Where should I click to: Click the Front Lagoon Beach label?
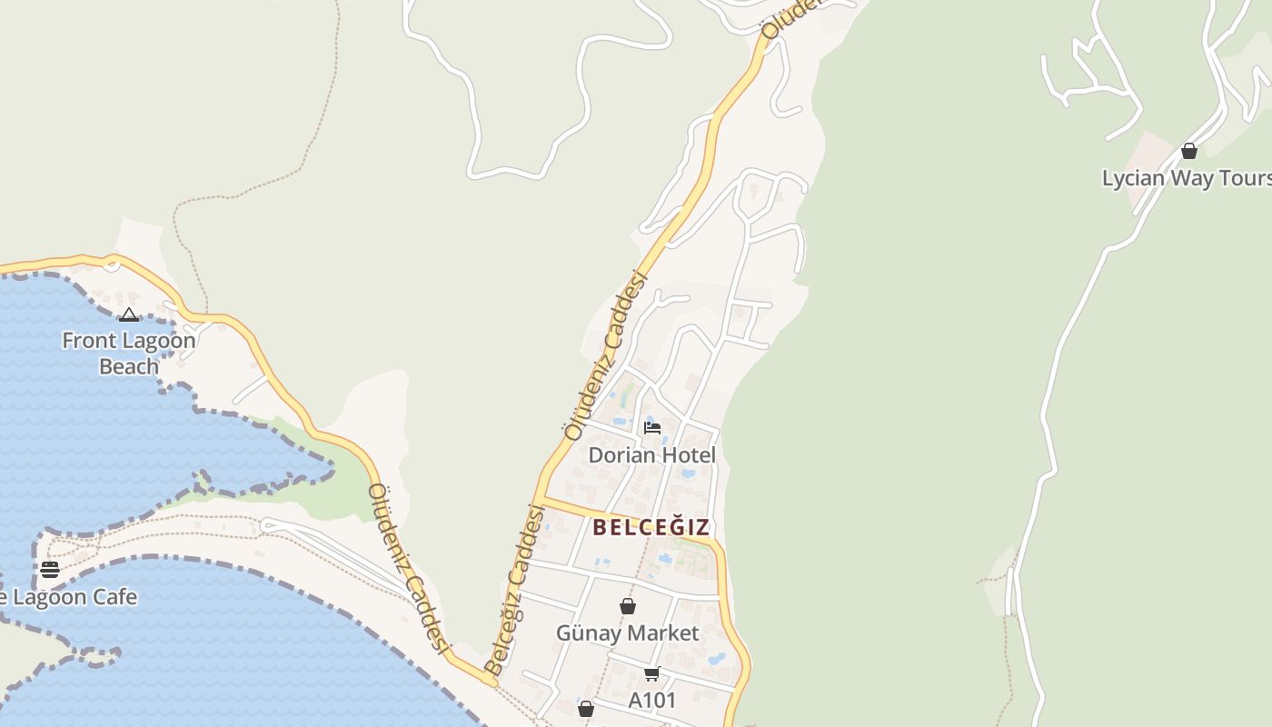[x=128, y=354]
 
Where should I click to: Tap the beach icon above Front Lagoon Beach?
[x=129, y=315]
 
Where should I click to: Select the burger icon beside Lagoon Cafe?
[x=50, y=570]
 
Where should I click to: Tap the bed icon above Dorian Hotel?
[x=651, y=427]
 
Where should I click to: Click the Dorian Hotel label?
[x=651, y=454]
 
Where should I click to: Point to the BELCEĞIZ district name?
[x=651, y=527]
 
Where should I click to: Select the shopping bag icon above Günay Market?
[x=627, y=606]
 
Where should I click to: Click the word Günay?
[x=588, y=633]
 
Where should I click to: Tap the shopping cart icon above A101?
[x=651, y=673]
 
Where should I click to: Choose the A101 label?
[x=652, y=701]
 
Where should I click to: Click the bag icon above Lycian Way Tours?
[x=1188, y=151]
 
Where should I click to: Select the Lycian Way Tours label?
[x=1186, y=178]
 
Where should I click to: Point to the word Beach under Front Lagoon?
[x=128, y=366]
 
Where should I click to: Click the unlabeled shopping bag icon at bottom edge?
[x=586, y=709]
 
